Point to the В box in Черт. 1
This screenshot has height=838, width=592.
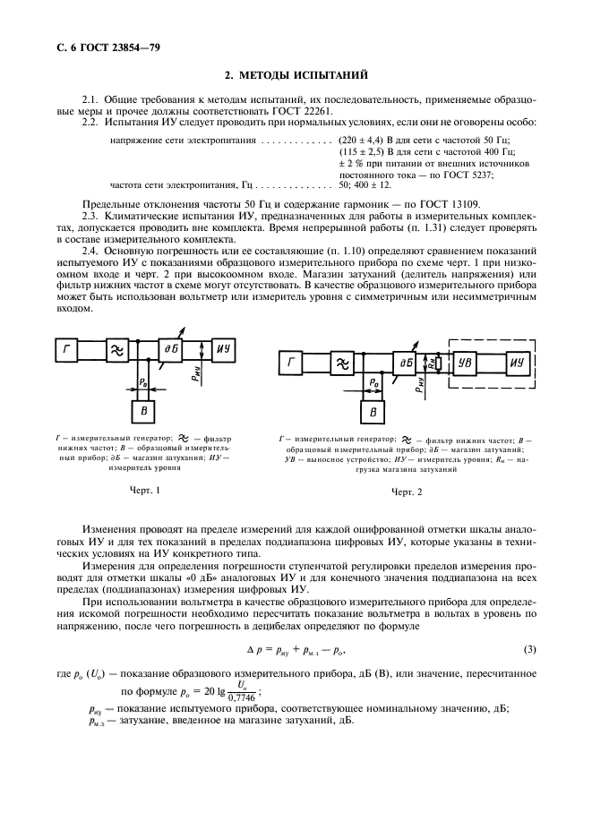140,410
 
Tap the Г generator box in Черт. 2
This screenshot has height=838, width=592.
293,363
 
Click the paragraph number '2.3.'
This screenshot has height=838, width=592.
92,217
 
